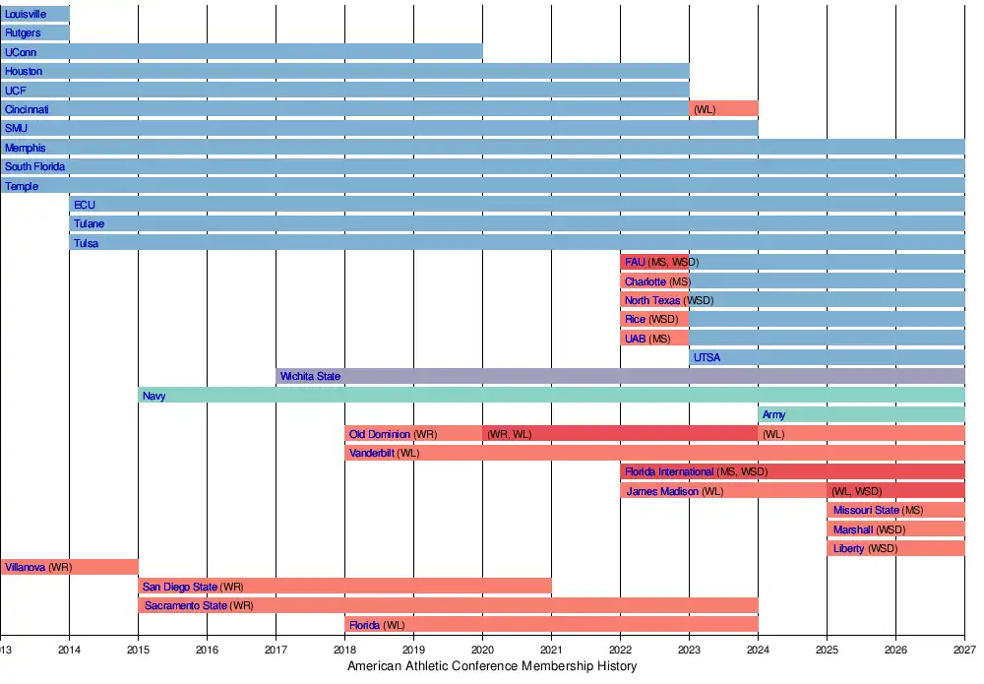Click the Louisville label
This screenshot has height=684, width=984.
[x=26, y=14]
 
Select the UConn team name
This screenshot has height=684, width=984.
[x=21, y=52]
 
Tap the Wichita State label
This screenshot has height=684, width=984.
[x=310, y=376]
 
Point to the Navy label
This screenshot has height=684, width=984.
[x=154, y=396]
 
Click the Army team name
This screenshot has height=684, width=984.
[x=773, y=415]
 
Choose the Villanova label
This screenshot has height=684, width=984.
[x=26, y=568]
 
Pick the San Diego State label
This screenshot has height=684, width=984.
[x=180, y=587]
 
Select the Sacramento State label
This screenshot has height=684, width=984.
[x=186, y=605]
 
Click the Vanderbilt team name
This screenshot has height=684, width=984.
[x=372, y=454]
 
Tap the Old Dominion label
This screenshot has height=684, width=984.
[x=380, y=434]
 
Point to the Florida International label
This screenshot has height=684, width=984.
[x=669, y=472]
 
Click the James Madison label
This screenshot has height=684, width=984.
[x=662, y=491]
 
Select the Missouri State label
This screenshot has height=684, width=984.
[x=866, y=510]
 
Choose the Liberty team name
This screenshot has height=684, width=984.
[x=848, y=548]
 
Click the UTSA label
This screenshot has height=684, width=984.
[x=707, y=357]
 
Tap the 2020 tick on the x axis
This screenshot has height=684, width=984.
[x=482, y=650]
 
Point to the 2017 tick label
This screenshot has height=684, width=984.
[x=276, y=650]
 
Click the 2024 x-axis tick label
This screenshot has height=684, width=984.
[x=758, y=650]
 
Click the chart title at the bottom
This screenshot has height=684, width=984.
[x=492, y=666]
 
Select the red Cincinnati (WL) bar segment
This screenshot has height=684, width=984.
[x=723, y=109]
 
